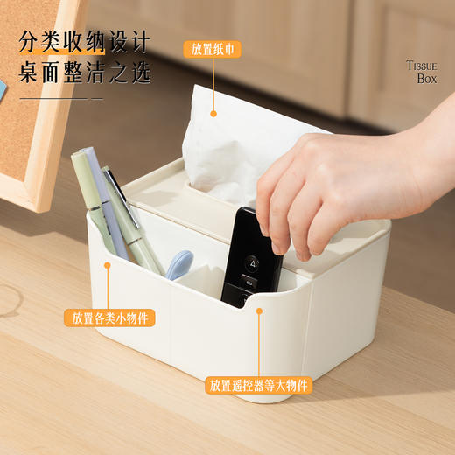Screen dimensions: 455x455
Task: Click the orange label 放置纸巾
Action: [x=212, y=49]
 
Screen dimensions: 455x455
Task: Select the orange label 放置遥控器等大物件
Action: [x=259, y=385]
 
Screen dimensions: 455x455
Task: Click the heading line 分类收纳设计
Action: [x=84, y=42]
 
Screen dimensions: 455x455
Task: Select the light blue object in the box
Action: [x=178, y=263]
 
